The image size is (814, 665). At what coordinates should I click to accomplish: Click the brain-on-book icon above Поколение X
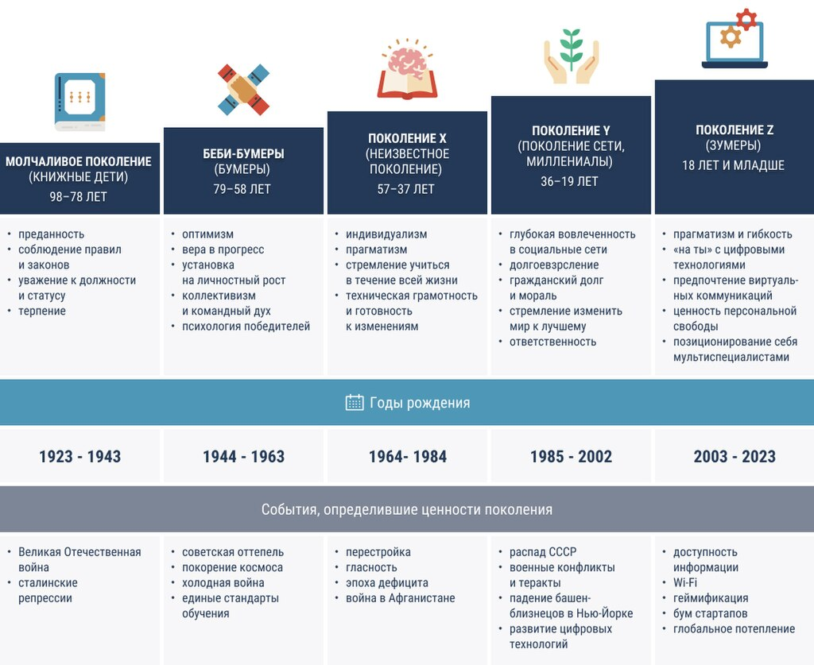point(408,68)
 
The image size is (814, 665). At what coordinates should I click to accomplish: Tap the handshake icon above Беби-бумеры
point(243,90)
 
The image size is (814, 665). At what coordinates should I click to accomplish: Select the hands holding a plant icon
point(571,56)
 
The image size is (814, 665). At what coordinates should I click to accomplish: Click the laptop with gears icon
point(735,39)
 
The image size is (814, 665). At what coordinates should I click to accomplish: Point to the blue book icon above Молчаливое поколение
point(80,102)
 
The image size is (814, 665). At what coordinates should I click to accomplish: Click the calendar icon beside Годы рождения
point(355,403)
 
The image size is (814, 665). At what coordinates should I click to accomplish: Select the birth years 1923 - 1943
point(80,457)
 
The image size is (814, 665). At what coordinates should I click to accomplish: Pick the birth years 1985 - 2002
point(571,457)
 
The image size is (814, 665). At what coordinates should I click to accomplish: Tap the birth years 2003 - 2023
point(735,457)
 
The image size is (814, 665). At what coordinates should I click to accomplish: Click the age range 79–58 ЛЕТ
point(242,189)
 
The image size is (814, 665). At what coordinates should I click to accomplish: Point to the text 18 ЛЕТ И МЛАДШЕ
point(733,165)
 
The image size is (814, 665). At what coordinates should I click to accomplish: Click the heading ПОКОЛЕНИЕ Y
point(571,131)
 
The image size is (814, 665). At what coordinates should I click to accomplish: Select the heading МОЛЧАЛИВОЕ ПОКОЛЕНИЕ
point(79,161)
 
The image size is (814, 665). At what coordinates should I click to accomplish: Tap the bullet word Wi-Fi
point(685,582)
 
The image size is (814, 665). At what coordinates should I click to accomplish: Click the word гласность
point(371,567)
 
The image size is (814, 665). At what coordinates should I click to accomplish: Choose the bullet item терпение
point(42,311)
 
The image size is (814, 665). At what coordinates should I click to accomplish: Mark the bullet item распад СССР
point(543,552)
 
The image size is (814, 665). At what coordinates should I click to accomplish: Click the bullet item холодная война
point(223,582)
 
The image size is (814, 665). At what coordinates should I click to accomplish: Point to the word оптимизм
point(207,234)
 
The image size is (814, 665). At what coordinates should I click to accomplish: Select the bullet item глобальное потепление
point(734,628)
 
